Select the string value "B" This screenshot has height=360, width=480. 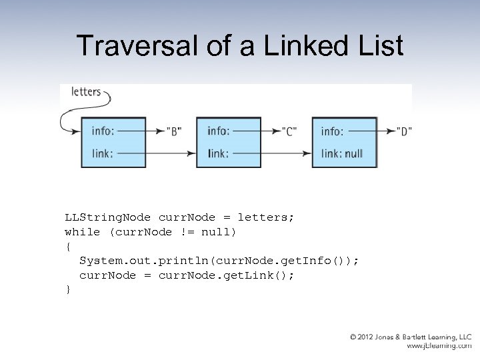(x=175, y=131)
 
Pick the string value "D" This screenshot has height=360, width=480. (x=403, y=131)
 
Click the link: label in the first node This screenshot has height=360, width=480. (x=101, y=153)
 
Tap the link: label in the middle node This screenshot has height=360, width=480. (x=217, y=153)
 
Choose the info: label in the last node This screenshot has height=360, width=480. (x=332, y=131)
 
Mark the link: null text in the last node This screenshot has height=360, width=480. (x=341, y=153)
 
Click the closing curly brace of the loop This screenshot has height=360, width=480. (x=67, y=289)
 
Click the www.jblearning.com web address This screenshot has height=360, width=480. (x=439, y=347)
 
